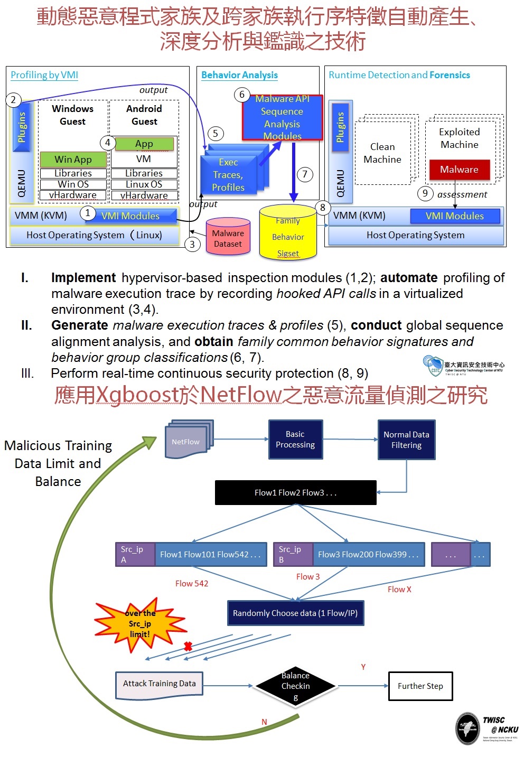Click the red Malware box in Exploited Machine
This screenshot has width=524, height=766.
click(x=459, y=170)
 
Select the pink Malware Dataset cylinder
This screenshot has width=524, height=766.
click(x=228, y=238)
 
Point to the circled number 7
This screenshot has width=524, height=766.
click(x=305, y=174)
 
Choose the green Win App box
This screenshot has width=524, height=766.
click(x=73, y=159)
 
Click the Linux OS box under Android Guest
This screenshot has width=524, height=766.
click(x=144, y=184)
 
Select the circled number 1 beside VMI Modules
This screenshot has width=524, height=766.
click(x=88, y=213)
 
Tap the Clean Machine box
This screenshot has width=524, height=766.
click(x=382, y=153)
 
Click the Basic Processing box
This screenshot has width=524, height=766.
click(x=295, y=440)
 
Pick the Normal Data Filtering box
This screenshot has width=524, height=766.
click(x=406, y=440)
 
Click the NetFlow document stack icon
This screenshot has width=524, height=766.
click(x=188, y=440)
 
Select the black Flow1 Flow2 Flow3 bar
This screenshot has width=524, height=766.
click(x=295, y=492)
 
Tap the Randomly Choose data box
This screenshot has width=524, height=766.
click(x=295, y=613)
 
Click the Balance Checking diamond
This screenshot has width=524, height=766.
click(x=295, y=686)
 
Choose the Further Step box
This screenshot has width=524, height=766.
click(x=420, y=686)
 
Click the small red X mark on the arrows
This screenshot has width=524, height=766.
click(x=188, y=646)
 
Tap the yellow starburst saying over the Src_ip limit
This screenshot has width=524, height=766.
click(x=140, y=624)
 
